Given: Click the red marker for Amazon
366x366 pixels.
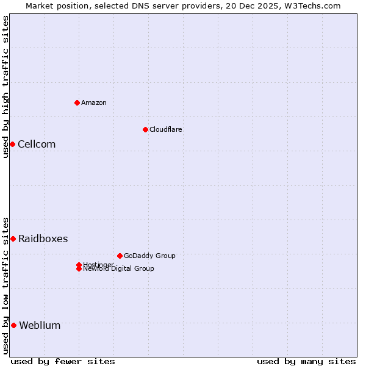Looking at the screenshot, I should pyautogui.click(x=77, y=102).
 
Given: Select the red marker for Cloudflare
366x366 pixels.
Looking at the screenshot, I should pyautogui.click(x=145, y=129).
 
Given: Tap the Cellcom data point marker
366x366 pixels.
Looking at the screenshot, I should pyautogui.click(x=12, y=144).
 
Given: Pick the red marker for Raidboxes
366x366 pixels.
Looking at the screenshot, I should pyautogui.click(x=13, y=239).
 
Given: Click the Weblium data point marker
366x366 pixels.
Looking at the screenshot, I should pyautogui.click(x=13, y=325).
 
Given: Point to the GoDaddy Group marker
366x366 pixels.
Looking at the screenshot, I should pyautogui.click(x=120, y=256).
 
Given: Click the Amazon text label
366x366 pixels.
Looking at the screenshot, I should pyautogui.click(x=94, y=102).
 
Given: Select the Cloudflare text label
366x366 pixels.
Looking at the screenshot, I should pyautogui.click(x=166, y=129).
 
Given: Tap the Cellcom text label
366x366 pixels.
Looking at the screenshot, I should pyautogui.click(x=37, y=144).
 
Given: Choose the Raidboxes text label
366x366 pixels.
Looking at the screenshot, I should pyautogui.click(x=43, y=239).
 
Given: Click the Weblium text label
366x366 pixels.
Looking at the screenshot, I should pyautogui.click(x=40, y=325).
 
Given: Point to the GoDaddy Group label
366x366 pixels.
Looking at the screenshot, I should pyautogui.click(x=149, y=256).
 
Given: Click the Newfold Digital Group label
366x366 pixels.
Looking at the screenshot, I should pyautogui.click(x=118, y=269).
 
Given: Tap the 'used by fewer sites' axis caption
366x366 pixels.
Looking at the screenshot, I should pyautogui.click(x=63, y=361).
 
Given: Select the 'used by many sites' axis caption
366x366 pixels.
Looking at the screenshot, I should pyautogui.click(x=306, y=361).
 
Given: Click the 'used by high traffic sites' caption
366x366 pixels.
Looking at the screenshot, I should pyautogui.click(x=5, y=87).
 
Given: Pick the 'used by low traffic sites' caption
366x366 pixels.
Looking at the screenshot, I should pyautogui.click(x=5, y=285).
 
